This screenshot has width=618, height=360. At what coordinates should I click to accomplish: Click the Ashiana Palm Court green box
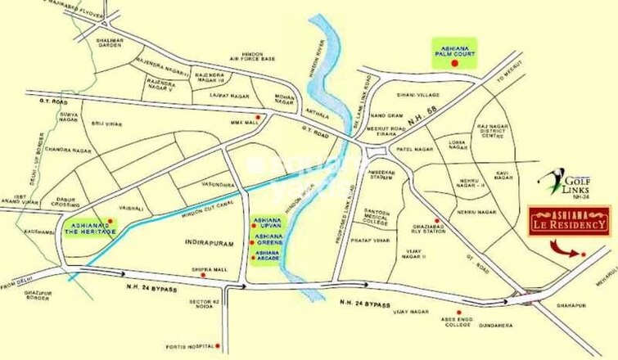click(x=455, y=55)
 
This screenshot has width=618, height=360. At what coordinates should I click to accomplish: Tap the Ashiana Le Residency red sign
click(x=568, y=220)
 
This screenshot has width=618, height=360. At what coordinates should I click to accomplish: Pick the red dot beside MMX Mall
click(x=259, y=118)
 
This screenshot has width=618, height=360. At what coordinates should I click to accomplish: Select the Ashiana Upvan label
click(x=268, y=224)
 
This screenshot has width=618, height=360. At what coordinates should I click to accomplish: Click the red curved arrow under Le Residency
click(x=563, y=247)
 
